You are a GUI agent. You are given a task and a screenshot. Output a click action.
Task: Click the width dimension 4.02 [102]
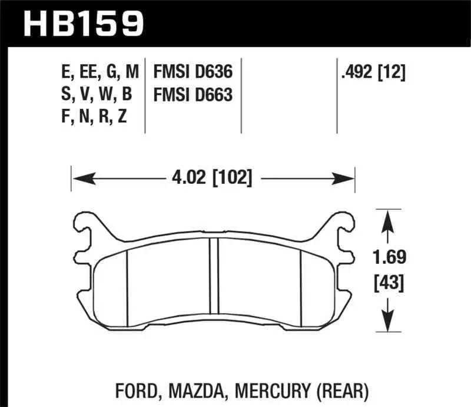pos(213,177)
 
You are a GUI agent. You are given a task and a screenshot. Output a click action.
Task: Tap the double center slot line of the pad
pos(214,277)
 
